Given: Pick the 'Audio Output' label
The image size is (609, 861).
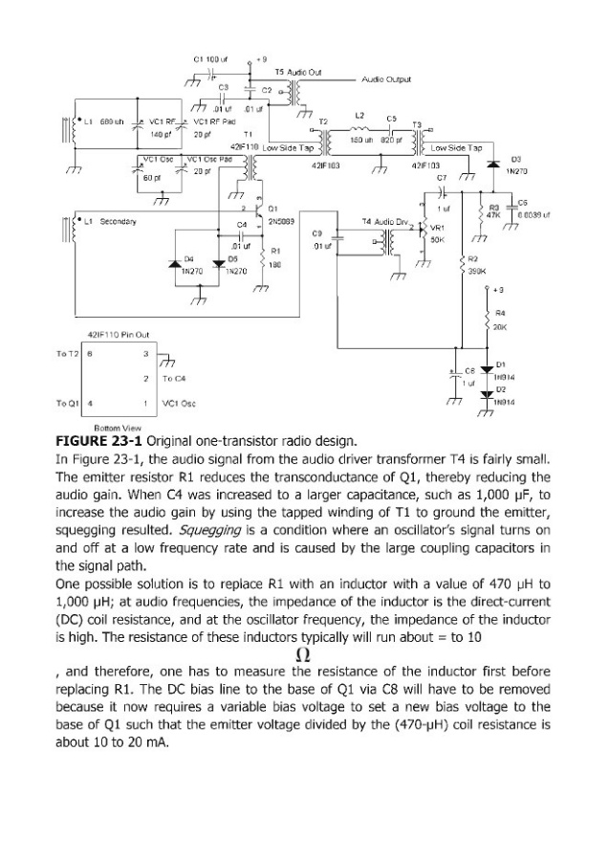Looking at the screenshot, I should tap(387, 79).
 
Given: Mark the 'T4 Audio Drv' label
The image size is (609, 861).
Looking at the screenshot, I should tap(386, 220).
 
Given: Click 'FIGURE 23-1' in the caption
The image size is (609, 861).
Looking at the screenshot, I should tap(100, 442).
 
